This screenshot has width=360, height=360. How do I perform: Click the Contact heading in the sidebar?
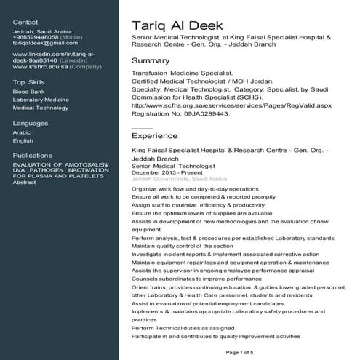(25, 23)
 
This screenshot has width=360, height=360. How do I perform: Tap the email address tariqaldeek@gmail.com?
(40, 43)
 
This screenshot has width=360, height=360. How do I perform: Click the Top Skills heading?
(28, 82)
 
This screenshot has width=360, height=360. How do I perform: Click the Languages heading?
(31, 123)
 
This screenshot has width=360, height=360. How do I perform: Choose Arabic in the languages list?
(22, 132)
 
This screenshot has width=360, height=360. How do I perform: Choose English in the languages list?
(23, 140)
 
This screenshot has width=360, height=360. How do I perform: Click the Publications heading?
(33, 156)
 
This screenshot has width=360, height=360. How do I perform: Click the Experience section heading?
(154, 135)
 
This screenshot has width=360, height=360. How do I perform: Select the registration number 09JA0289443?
(204, 113)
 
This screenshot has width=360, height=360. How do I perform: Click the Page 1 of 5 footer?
(240, 352)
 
